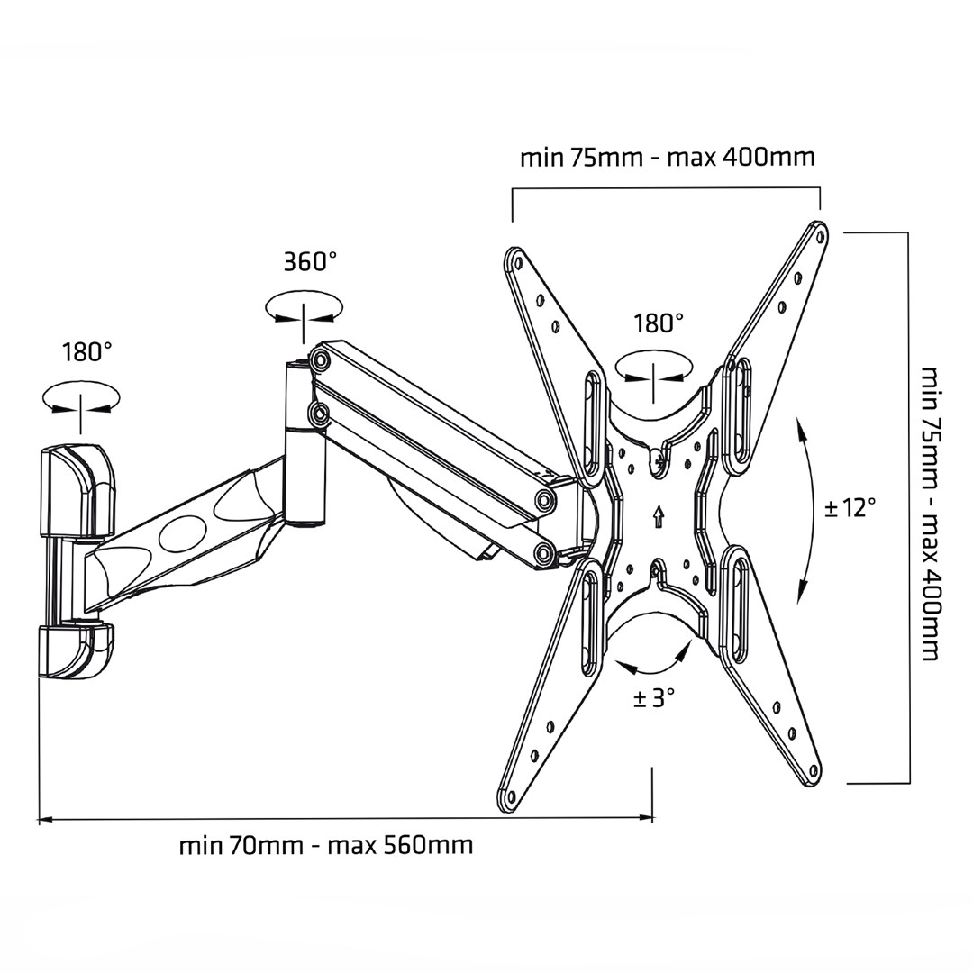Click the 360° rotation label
[310, 262]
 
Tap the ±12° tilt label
[850, 507]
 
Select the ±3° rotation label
[653, 697]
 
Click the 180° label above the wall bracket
[86, 351]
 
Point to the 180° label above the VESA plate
[658, 323]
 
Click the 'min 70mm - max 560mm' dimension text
[325, 846]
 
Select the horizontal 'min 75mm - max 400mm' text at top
[667, 158]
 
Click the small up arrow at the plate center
[659, 516]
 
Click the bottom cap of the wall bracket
[76, 650]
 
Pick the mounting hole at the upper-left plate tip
[516, 264]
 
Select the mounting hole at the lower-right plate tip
[814, 771]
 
